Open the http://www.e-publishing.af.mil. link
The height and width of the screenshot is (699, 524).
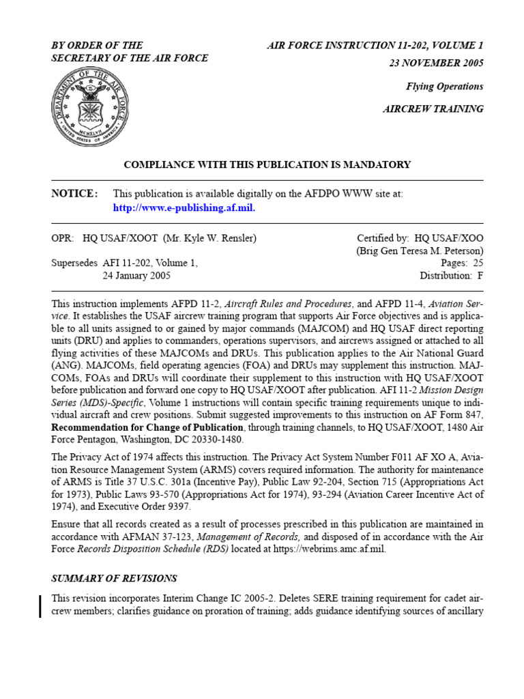pyautogui.click(x=184, y=208)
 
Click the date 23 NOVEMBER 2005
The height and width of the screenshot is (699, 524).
pyautogui.click(x=435, y=63)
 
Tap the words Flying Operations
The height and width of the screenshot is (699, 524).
pyautogui.click(x=444, y=87)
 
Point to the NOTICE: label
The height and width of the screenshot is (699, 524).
pyautogui.click(x=74, y=194)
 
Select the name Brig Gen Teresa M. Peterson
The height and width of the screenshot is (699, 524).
pyautogui.click(x=420, y=251)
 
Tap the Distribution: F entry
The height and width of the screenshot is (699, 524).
pyautogui.click(x=451, y=276)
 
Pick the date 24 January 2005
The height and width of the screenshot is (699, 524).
pyautogui.click(x=136, y=276)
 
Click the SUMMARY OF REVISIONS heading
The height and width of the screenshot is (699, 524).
pyautogui.click(x=114, y=578)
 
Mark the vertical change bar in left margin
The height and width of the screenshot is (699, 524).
pyautogui.click(x=40, y=605)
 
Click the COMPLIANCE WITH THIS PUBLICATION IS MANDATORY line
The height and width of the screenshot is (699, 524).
pyautogui.click(x=267, y=165)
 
